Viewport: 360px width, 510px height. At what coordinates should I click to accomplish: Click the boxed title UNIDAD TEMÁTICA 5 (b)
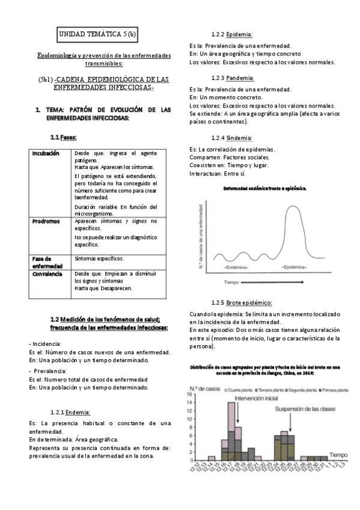point(98,34)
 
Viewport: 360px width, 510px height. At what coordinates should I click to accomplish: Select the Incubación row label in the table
point(46,153)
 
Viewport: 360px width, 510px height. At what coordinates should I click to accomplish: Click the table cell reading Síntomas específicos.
point(99,259)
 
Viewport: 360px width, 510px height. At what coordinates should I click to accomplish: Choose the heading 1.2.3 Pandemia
point(232,78)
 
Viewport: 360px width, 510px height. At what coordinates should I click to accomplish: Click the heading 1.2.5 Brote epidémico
point(242,303)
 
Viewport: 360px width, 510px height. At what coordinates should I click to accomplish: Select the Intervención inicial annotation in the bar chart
point(256,398)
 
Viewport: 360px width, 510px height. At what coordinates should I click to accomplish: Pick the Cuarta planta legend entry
point(239,390)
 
